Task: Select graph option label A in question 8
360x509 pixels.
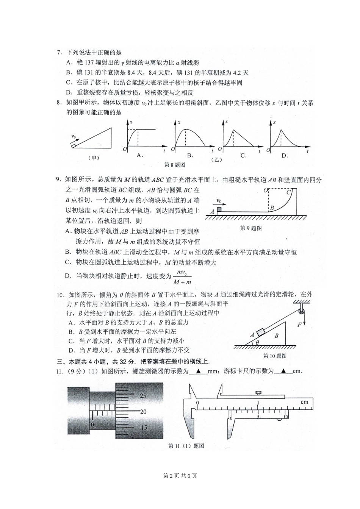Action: point(139,155)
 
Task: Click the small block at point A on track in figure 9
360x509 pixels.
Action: point(219,209)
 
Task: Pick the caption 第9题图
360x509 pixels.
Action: point(251,228)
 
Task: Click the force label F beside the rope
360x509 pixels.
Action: point(299,325)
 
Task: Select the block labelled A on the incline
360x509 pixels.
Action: point(261,333)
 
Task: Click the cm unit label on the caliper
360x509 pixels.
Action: point(304,402)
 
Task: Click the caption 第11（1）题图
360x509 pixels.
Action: point(186,446)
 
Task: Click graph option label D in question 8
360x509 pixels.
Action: point(285,155)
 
